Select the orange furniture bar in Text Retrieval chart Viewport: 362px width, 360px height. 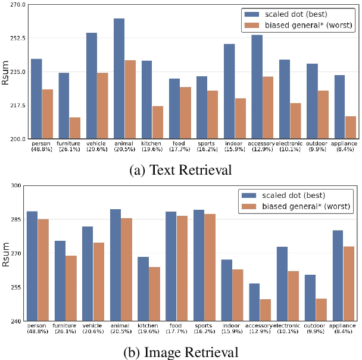tap(75, 128)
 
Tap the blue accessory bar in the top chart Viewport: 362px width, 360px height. tap(257, 87)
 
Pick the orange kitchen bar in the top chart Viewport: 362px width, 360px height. tap(158, 122)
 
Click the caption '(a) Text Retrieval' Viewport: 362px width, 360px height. tap(180, 170)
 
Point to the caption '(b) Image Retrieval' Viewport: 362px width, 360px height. tap(180, 352)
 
